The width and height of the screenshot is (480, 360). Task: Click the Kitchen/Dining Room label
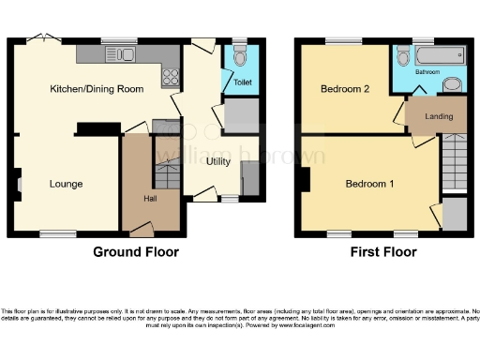tap(97, 88)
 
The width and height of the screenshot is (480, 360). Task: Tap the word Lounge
tap(67, 184)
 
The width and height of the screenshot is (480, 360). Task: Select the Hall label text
tap(150, 200)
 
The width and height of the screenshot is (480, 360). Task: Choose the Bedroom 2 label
tap(343, 90)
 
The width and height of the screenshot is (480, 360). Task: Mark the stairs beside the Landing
tap(455, 159)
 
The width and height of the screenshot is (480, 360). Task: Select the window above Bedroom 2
tap(340, 41)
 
